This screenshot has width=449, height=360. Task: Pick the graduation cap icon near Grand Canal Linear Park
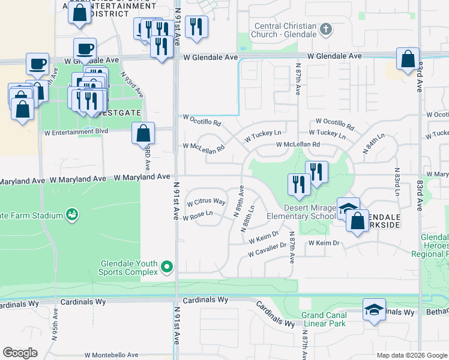click(x=375, y=310)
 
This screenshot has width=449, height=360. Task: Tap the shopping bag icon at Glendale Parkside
click(x=357, y=220)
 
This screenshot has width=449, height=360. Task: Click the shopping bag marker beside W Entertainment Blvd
click(x=143, y=133)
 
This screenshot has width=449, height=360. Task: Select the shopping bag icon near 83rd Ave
click(x=408, y=59)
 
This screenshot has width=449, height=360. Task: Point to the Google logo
click(x=20, y=353)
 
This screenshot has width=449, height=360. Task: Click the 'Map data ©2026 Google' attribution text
click(x=412, y=355)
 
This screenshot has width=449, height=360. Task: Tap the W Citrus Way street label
click(x=206, y=202)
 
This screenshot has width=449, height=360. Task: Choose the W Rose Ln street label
click(x=199, y=214)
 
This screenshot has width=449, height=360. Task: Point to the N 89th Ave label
click(x=240, y=201)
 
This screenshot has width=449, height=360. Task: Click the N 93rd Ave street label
click(x=133, y=84)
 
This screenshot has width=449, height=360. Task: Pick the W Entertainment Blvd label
click(x=76, y=131)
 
